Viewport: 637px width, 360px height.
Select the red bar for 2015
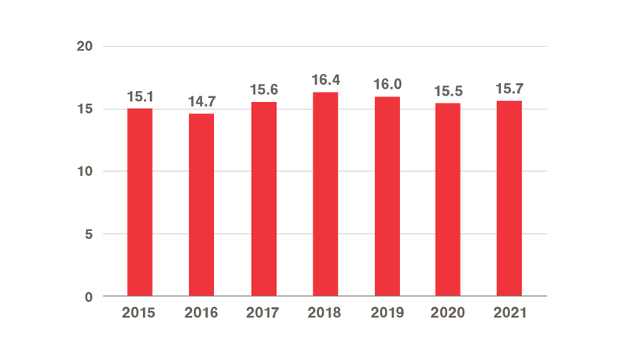pos(139,202)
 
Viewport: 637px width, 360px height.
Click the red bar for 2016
pos(201,204)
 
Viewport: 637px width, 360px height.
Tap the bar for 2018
pos(325,194)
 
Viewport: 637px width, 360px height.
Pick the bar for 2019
pos(387,197)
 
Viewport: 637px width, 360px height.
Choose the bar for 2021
pos(509,198)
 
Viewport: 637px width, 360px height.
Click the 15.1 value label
pos(140,97)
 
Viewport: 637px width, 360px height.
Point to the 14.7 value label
pos(201,102)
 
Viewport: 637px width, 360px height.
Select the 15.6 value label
pos(264,90)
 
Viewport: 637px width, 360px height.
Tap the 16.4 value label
pos(325,80)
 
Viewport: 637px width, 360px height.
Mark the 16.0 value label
pos(387,85)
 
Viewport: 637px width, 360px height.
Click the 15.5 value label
pos(448,92)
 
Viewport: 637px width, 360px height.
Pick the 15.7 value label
pos(509,89)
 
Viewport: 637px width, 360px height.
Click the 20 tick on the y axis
pos(85,47)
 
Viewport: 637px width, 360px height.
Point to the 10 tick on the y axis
pos(85,172)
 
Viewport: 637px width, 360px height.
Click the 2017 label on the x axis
pos(263,313)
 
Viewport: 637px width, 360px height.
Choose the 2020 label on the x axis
pos(448,313)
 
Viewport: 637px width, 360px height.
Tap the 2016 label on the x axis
pos(201,313)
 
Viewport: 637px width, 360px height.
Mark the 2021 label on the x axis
pos(509,313)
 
